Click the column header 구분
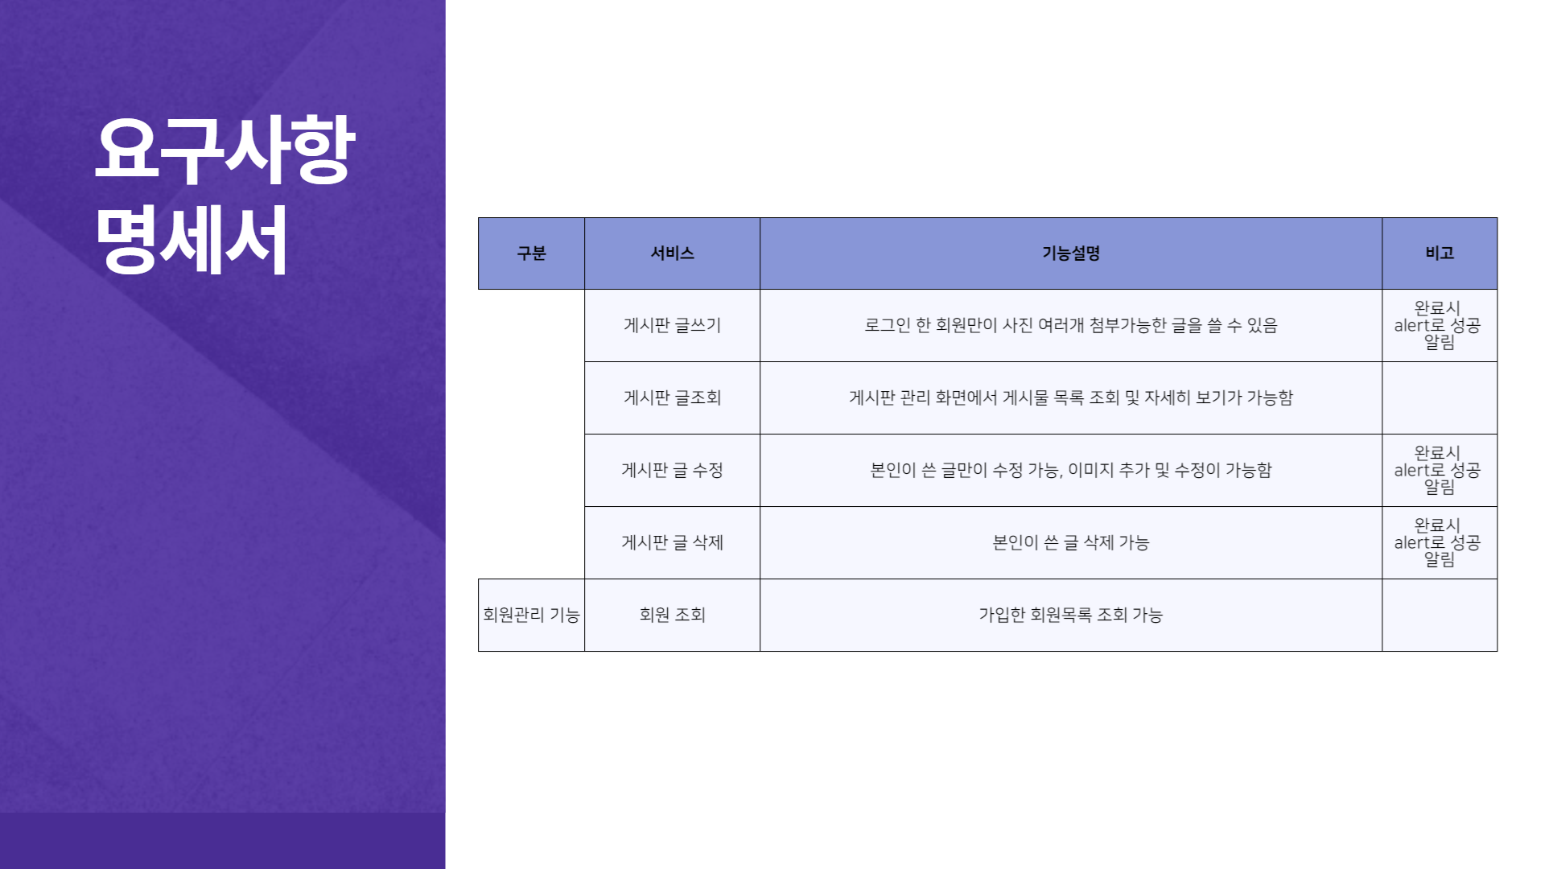click(531, 253)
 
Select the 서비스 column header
click(672, 253)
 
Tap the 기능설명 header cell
click(1070, 253)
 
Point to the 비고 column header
click(1439, 253)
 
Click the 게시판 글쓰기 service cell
click(672, 325)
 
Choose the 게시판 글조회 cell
click(672, 397)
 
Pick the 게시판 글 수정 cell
click(672, 470)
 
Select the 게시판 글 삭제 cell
click(672, 542)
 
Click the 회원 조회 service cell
click(672, 615)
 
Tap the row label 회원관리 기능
click(531, 615)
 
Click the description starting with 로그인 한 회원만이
click(1070, 325)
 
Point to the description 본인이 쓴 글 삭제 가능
click(1070, 542)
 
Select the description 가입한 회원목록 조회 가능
click(1070, 615)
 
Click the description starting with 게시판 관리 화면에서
click(1070, 397)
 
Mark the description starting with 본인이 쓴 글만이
click(1070, 470)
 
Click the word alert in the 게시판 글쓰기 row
click(1411, 325)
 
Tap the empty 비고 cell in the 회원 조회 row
click(1439, 615)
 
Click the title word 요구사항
click(225, 150)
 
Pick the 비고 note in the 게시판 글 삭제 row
click(1439, 542)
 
